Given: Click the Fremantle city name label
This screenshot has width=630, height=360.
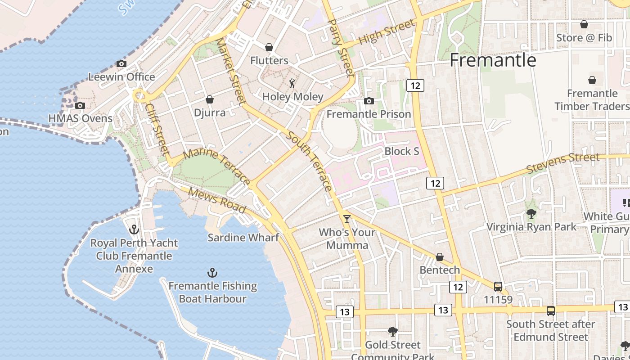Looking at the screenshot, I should [x=493, y=60].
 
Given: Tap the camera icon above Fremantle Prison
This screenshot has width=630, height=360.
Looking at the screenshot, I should [x=369, y=101].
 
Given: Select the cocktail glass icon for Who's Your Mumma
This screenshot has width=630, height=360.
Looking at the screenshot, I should [x=346, y=219].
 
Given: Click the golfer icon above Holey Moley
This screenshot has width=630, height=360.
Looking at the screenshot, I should [x=292, y=83].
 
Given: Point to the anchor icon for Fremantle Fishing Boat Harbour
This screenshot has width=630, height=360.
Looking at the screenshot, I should [x=212, y=273].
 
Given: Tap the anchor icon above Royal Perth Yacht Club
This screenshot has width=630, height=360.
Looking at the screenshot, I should [x=134, y=230].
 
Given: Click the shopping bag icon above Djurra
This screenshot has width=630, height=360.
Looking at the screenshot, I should [x=209, y=99].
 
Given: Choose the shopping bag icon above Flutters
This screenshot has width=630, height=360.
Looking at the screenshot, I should [x=269, y=47].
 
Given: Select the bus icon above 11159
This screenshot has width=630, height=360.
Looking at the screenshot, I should [x=498, y=286].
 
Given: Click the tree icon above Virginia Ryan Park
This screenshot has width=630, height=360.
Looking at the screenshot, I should [x=531, y=214].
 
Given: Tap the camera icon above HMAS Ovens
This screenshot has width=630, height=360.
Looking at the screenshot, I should [x=80, y=105].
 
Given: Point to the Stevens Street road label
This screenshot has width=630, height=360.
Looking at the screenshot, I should [x=562, y=163].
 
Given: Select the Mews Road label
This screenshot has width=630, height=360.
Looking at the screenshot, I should [x=217, y=200].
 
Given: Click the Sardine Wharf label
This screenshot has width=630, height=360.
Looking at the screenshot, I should [x=243, y=237].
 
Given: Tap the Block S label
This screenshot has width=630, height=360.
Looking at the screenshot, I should [x=401, y=151].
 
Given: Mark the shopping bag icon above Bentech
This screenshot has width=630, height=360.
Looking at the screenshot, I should [x=440, y=257].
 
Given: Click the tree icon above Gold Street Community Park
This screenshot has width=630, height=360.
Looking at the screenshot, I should [x=392, y=332].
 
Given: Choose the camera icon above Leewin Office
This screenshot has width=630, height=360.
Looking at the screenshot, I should [x=121, y=64].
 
